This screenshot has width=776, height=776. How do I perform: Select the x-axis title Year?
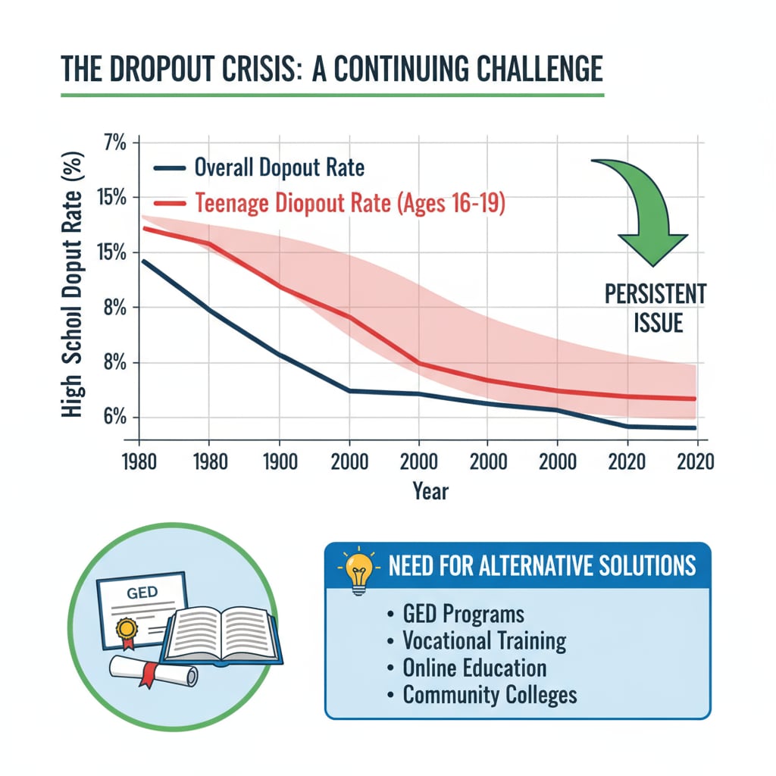pyautogui.click(x=430, y=491)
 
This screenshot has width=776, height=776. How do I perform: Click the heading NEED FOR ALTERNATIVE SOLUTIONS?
pyautogui.click(x=541, y=566)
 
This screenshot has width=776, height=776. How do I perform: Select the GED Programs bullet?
pyautogui.click(x=462, y=613)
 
